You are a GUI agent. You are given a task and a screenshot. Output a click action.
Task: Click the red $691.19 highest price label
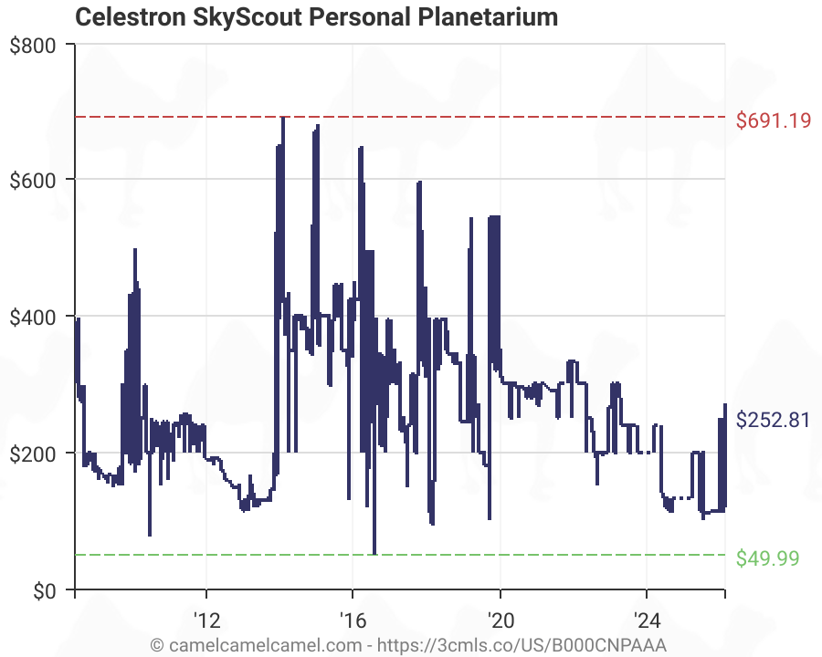[x=773, y=120]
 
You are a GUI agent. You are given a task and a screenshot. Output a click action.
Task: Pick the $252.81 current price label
[x=773, y=421]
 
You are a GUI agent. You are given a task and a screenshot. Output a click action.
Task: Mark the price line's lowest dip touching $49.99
[x=374, y=552]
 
